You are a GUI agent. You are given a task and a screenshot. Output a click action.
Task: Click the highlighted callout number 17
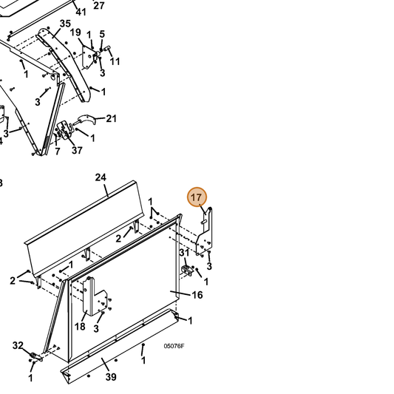pos(197,197)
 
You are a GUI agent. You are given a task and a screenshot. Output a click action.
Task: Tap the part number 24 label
pos(101,177)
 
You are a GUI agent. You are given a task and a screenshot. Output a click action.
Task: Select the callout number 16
pos(197,295)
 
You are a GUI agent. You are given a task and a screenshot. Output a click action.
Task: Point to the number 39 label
pos(111,377)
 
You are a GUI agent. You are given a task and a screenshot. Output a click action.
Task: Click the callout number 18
pos(80,327)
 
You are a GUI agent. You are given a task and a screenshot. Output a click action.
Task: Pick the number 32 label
pos(18,345)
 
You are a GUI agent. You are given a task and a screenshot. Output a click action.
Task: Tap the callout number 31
pos(184,253)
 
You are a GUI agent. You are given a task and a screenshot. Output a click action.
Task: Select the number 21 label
pos(112,118)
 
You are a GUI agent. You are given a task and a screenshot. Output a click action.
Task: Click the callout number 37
pos(77,150)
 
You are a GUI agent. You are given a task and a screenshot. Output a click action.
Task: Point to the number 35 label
pos(65,24)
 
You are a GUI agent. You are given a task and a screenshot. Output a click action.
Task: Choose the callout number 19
pos(75,33)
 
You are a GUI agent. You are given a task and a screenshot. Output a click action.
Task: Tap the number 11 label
pos(115,61)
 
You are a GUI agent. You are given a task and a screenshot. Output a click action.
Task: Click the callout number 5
pos(102,34)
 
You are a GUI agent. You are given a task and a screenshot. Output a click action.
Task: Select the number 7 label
pos(58,152)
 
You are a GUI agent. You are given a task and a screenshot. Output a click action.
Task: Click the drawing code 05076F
pos(174,346)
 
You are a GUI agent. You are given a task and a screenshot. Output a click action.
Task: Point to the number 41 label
pos(81,12)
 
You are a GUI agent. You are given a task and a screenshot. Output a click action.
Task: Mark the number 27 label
pos(99,5)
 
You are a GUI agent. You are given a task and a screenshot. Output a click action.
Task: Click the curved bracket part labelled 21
pos(86,120)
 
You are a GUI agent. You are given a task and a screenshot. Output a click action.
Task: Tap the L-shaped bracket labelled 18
pos(95,296)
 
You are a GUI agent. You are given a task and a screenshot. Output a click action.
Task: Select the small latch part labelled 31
pos(187,270)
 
